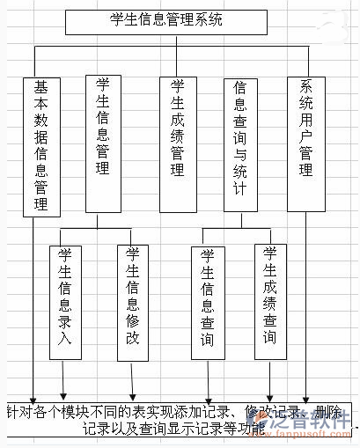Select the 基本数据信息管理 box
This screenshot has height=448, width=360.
pyautogui.click(x=41, y=145)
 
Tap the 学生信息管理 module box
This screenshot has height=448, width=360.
pyautogui.click(x=103, y=143)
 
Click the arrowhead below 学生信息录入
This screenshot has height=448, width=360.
pyautogui.click(x=63, y=395)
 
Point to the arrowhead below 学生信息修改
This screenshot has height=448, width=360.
pyautogui.click(x=132, y=395)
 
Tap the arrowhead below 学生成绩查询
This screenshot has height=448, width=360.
pyautogui.click(x=270, y=396)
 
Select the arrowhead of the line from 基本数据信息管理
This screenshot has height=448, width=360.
pyautogui.click(x=34, y=396)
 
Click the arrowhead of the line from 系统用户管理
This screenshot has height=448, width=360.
pyautogui.click(x=306, y=396)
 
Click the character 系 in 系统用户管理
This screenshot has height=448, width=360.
pyautogui.click(x=305, y=88)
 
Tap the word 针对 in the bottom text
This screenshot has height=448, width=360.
pyautogui.click(x=19, y=412)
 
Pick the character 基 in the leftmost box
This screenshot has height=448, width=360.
pyautogui.click(x=41, y=89)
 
